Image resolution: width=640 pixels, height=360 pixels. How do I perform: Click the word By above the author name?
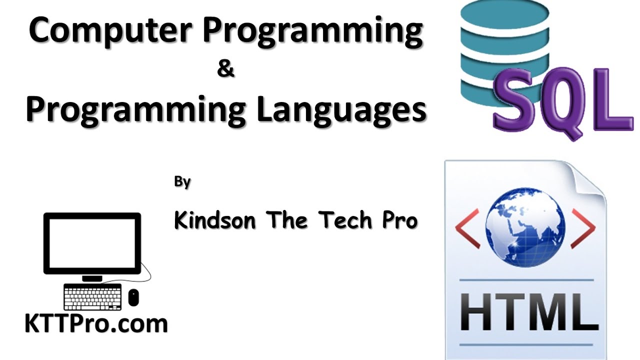coord(182,182)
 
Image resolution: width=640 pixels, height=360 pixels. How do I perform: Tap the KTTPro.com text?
coord(96,324)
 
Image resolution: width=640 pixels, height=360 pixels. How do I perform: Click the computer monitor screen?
coord(92,242)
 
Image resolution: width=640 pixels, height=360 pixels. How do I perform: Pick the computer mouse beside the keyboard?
coord(133,297)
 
